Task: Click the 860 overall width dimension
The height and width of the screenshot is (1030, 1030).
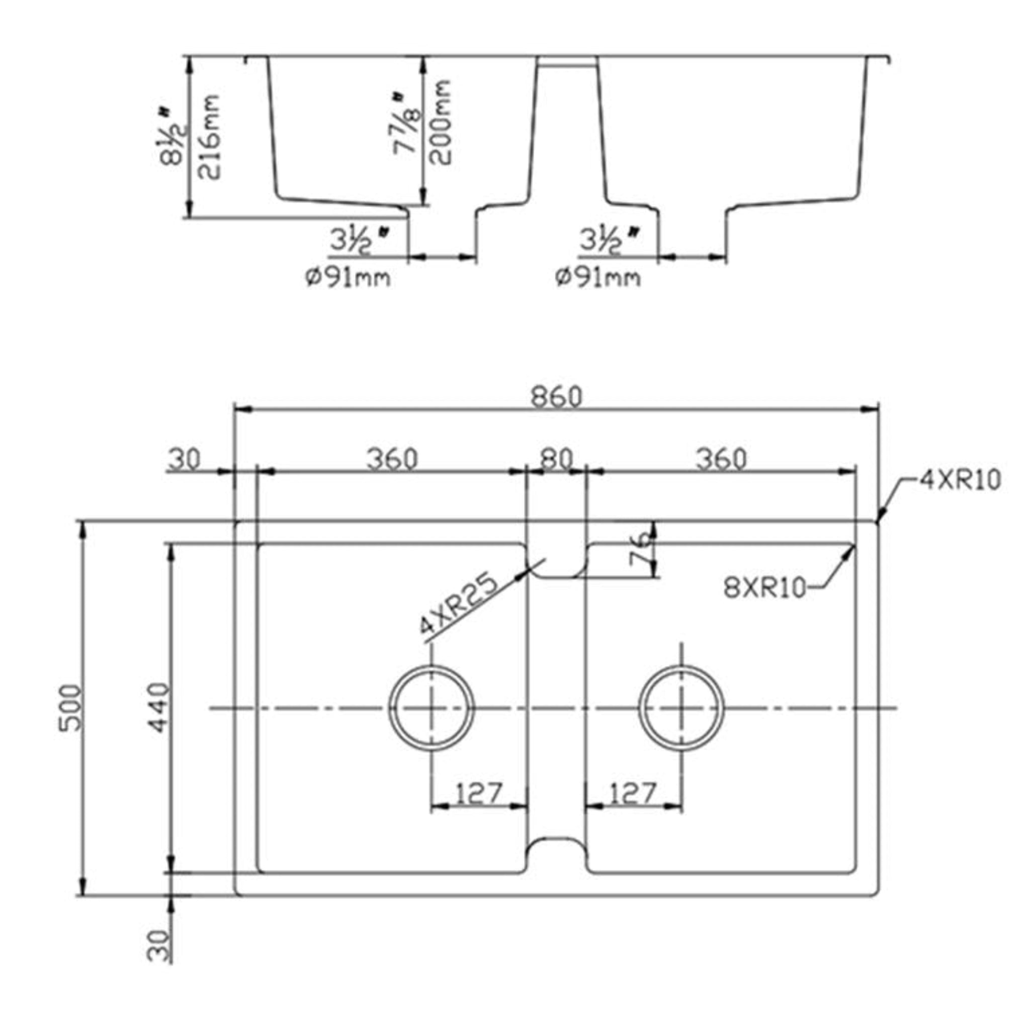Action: [x=557, y=397]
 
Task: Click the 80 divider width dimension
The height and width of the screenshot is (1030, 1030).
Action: [x=556, y=459]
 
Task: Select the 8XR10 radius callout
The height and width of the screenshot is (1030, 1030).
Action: [x=764, y=588]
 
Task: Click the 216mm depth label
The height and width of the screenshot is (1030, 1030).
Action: [x=208, y=137]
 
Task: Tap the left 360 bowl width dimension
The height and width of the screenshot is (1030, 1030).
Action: [x=392, y=459]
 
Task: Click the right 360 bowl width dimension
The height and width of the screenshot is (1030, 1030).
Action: [x=721, y=459]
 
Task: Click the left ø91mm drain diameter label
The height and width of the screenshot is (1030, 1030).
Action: [x=348, y=277]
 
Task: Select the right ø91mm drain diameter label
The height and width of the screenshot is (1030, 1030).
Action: [x=598, y=277]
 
